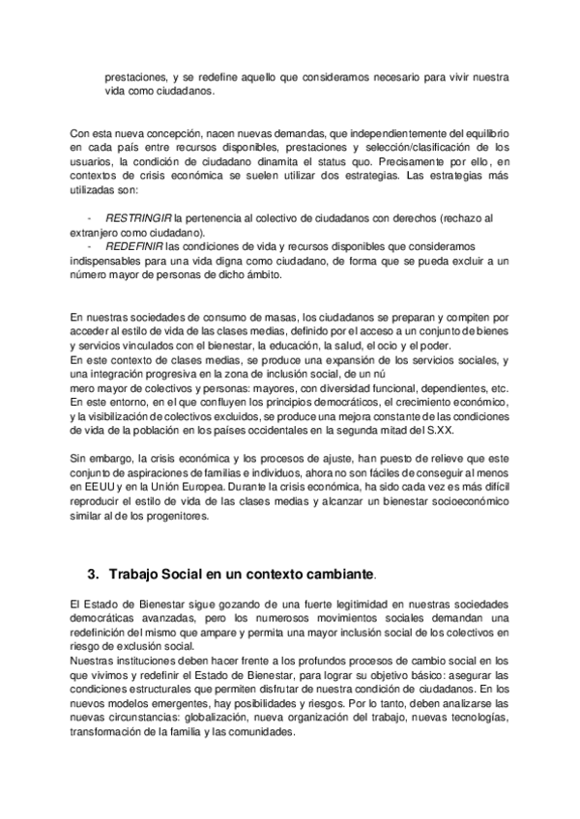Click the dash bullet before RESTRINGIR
click(x=90, y=219)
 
